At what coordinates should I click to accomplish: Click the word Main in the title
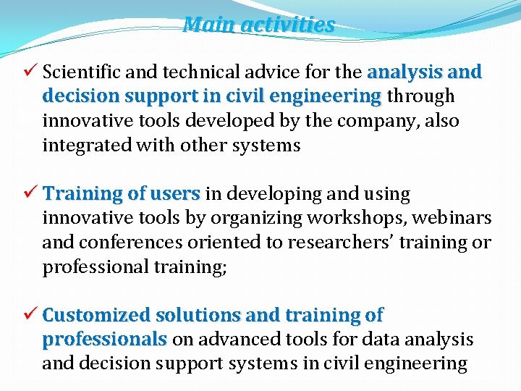point(209,25)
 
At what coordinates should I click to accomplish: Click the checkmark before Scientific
point(30,72)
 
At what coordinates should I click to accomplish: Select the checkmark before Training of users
point(30,193)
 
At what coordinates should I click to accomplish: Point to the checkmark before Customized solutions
point(30,315)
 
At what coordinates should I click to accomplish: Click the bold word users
point(175,194)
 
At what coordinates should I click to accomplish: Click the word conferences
point(122,243)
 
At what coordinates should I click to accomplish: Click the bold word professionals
point(105,340)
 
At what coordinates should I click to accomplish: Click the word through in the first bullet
point(420,96)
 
